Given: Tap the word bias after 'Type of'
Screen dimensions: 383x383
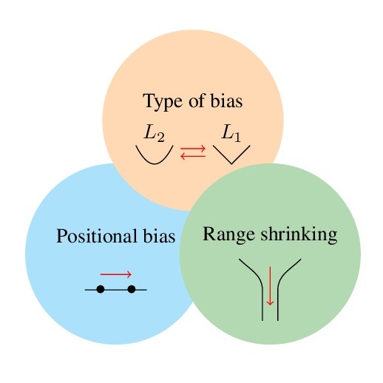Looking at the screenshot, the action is pos(226,101).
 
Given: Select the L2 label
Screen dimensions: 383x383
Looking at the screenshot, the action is pos(155,134).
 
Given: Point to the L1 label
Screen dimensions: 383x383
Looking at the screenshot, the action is pos(231,134).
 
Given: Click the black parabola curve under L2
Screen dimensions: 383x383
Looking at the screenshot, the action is pos(155,163).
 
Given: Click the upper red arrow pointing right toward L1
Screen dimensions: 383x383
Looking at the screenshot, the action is pos(193,149).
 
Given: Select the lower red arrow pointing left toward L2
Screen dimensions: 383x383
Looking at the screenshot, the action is pos(193,156).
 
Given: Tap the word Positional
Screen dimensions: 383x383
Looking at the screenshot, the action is pos(97,237).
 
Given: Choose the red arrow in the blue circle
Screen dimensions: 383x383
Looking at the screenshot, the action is pos(116,274).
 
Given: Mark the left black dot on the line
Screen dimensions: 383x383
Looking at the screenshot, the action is pos(101,289).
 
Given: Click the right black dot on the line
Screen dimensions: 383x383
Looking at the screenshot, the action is pos(132,289).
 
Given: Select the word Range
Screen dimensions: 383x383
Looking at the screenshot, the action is pos(228,235).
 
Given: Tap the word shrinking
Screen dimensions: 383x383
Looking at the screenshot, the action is pos(299,234).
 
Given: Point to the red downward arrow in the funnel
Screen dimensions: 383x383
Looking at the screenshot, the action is pos(270,286).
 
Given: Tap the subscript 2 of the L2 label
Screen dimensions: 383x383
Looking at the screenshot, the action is pos(160,138).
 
